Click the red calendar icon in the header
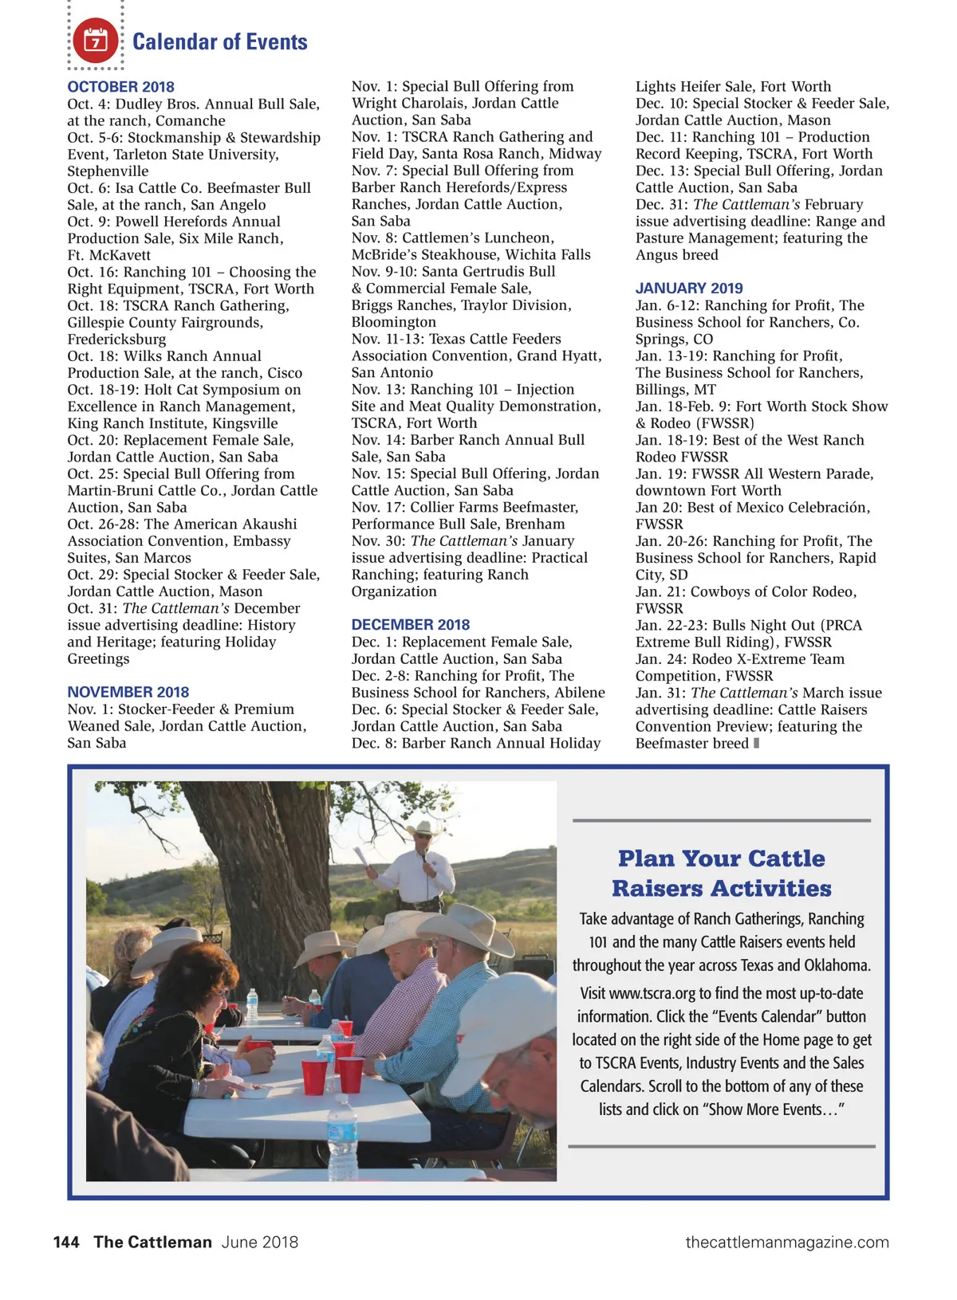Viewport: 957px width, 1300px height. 96,40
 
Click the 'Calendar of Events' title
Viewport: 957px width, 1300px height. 219,41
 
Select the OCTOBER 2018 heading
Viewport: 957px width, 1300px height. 120,87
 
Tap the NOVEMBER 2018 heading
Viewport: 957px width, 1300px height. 128,692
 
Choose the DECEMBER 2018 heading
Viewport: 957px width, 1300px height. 410,625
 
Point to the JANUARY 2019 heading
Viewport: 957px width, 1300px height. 688,289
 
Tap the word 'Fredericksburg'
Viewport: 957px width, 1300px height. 116,340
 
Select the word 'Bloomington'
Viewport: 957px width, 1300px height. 393,322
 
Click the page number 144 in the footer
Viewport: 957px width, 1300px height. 66,1242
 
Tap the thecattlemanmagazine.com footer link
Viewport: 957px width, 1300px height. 786,1242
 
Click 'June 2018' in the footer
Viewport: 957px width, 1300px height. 259,1242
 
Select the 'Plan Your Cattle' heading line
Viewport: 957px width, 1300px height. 721,858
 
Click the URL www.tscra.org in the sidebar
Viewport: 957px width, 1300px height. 652,993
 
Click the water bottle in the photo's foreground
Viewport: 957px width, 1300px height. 343,1140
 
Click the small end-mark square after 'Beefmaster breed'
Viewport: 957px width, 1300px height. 756,743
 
